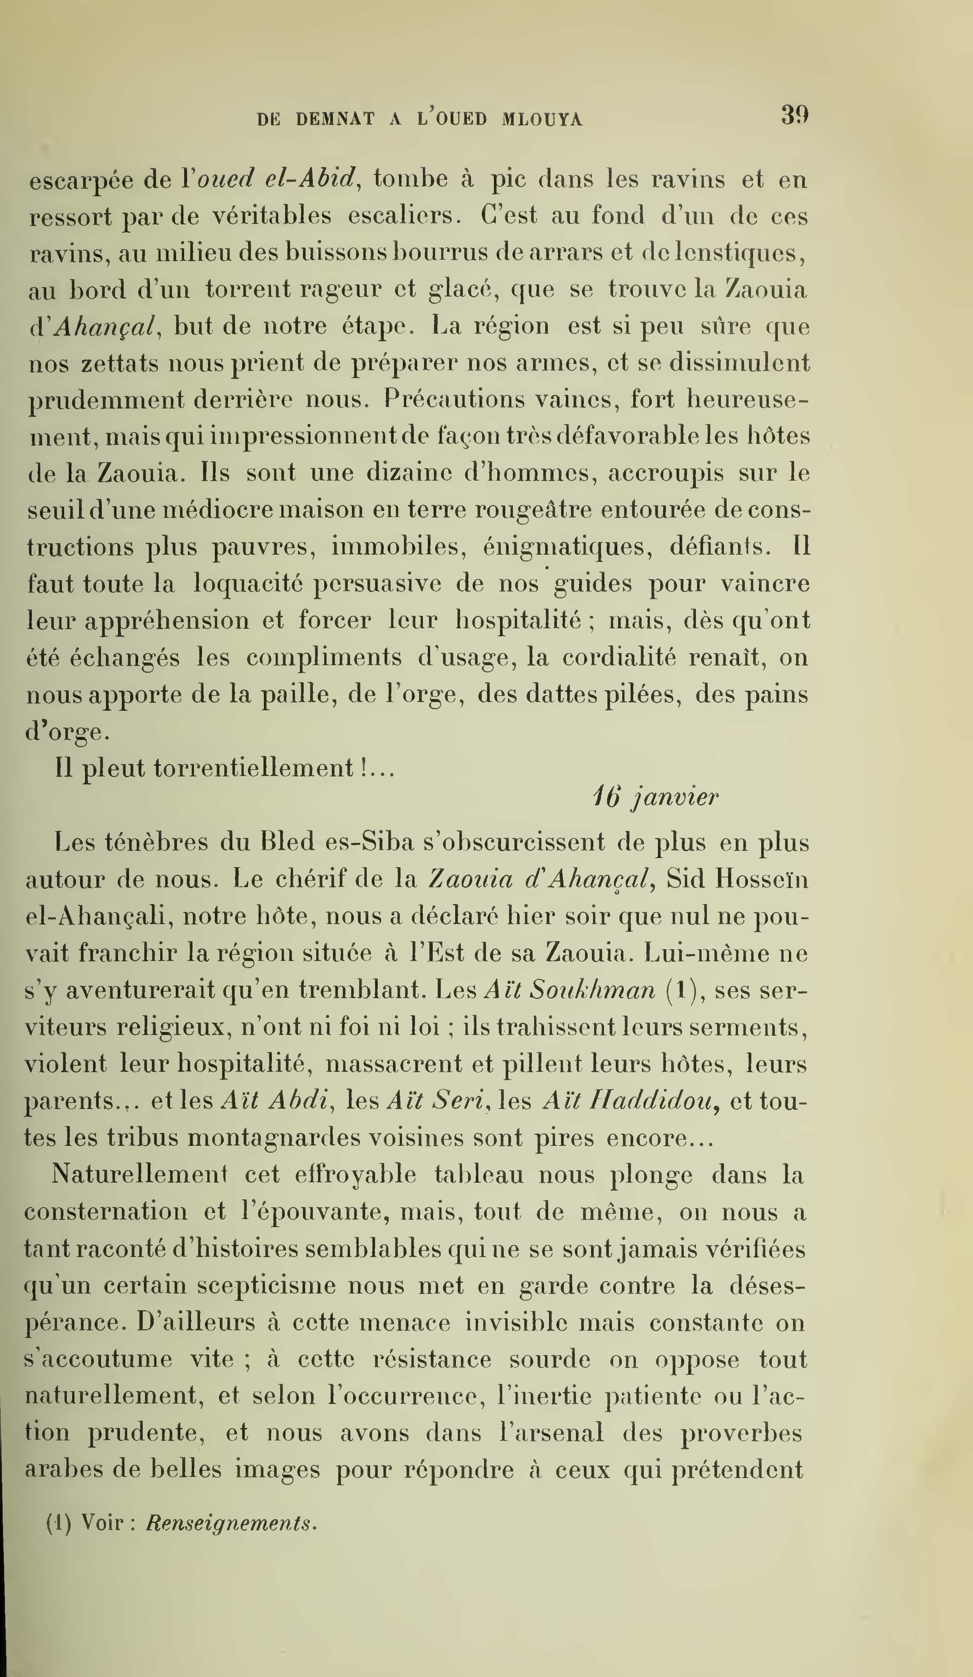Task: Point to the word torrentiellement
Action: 254,768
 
